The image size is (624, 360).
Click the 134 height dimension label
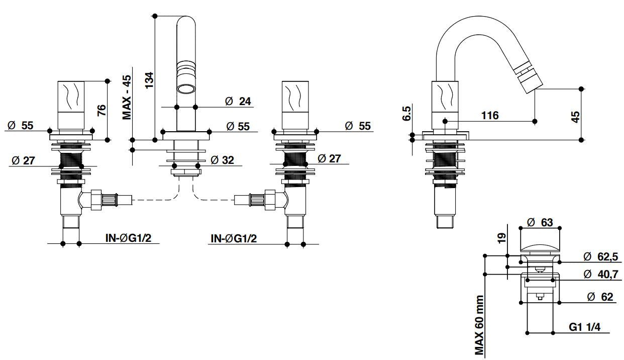click(150, 80)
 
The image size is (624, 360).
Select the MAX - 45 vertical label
click(127, 98)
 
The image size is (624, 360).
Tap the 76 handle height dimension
click(101, 111)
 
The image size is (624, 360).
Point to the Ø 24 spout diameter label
click(238, 101)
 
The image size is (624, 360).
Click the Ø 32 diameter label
click(222, 160)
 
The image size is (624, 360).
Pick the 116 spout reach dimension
click(490, 116)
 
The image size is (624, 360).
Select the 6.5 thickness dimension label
click(407, 113)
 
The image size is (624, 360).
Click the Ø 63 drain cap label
click(540, 223)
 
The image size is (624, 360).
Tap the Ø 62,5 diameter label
click(601, 256)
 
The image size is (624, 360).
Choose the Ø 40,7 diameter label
click(601, 274)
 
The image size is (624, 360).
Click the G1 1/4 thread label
click(585, 327)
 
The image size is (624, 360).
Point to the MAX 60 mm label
click(479, 325)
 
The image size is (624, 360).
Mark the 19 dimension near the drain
click(502, 238)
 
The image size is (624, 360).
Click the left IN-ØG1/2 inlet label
click(129, 238)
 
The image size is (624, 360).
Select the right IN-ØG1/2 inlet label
click(234, 238)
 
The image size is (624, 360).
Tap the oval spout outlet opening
click(186, 89)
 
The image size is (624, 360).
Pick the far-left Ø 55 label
click(20, 126)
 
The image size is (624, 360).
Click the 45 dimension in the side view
click(576, 117)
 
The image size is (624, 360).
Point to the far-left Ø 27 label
click(24, 160)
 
